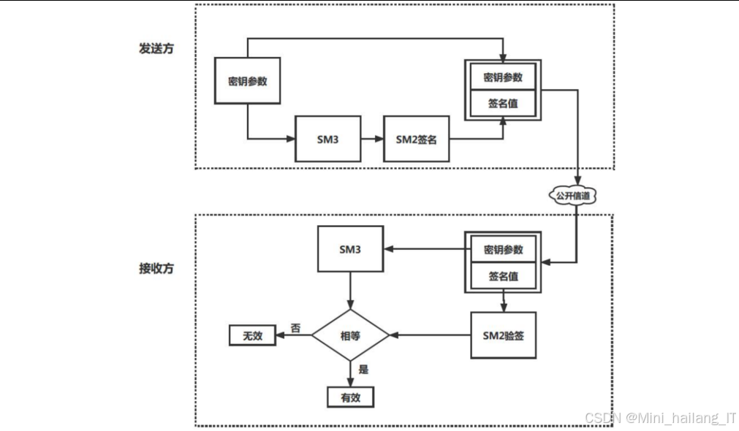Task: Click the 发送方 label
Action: pyautogui.click(x=156, y=49)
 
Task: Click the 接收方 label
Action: pyautogui.click(x=156, y=268)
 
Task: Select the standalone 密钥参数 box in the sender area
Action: pyautogui.click(x=247, y=81)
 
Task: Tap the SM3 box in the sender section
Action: pyautogui.click(x=327, y=139)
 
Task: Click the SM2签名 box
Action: pyautogui.click(x=416, y=139)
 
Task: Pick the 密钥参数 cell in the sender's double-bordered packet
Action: pyautogui.click(x=503, y=77)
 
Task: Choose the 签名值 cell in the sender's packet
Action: pyautogui.click(x=503, y=103)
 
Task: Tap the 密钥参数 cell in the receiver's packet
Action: pyautogui.click(x=503, y=250)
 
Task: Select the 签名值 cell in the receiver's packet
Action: pyautogui.click(x=503, y=276)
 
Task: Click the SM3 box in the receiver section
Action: pyautogui.click(x=350, y=250)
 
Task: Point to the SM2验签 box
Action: pyautogui.click(x=504, y=335)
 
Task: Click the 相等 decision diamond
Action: pyautogui.click(x=351, y=335)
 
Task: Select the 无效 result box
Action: pyautogui.click(x=252, y=336)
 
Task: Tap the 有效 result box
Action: pyautogui.click(x=350, y=397)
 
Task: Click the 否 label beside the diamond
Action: pyautogui.click(x=295, y=327)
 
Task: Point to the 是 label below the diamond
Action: pyautogui.click(x=363, y=370)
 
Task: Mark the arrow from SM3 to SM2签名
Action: pyautogui.click(x=372, y=139)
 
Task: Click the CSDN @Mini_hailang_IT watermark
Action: pyautogui.click(x=660, y=418)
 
